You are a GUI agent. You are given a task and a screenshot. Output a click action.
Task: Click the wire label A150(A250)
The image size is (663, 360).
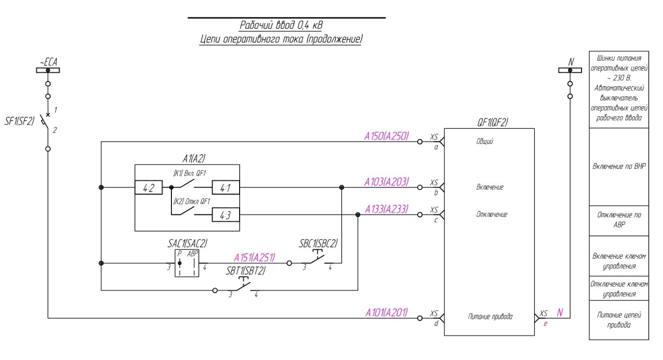(386, 136)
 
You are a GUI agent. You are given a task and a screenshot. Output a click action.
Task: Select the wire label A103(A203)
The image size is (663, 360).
(386, 182)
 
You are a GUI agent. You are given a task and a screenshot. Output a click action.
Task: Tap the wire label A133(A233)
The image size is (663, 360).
(386, 209)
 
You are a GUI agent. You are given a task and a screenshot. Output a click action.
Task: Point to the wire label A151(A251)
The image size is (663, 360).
(254, 258)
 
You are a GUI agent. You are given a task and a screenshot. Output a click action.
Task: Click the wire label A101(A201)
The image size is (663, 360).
(386, 313)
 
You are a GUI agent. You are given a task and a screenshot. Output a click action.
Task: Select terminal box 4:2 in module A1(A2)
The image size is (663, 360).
(149, 188)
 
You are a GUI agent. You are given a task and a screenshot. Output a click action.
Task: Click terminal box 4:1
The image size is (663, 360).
(226, 188)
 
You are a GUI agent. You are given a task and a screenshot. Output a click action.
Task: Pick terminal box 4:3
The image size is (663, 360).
(226, 215)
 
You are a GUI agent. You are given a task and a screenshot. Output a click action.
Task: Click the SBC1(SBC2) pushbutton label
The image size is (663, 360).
(318, 243)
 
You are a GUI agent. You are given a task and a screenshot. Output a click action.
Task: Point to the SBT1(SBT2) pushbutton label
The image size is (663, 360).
(246, 271)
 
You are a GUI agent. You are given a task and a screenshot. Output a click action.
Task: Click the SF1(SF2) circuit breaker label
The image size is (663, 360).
(19, 121)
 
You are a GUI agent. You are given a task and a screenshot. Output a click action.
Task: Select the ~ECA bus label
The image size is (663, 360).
(48, 62)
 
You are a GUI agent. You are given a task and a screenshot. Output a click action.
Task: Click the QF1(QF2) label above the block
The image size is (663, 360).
(493, 122)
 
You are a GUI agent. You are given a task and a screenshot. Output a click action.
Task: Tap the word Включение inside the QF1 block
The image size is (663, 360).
(490, 187)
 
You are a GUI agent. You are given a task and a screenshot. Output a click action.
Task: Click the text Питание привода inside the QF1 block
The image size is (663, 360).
(490, 316)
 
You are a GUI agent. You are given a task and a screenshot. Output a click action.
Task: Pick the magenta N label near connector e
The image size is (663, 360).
(560, 313)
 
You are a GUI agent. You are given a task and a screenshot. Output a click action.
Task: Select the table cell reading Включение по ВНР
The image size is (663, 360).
(619, 167)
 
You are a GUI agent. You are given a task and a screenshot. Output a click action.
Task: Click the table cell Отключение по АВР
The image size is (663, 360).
(619, 221)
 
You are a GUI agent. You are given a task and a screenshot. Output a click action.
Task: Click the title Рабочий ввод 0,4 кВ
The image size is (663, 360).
(281, 25)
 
